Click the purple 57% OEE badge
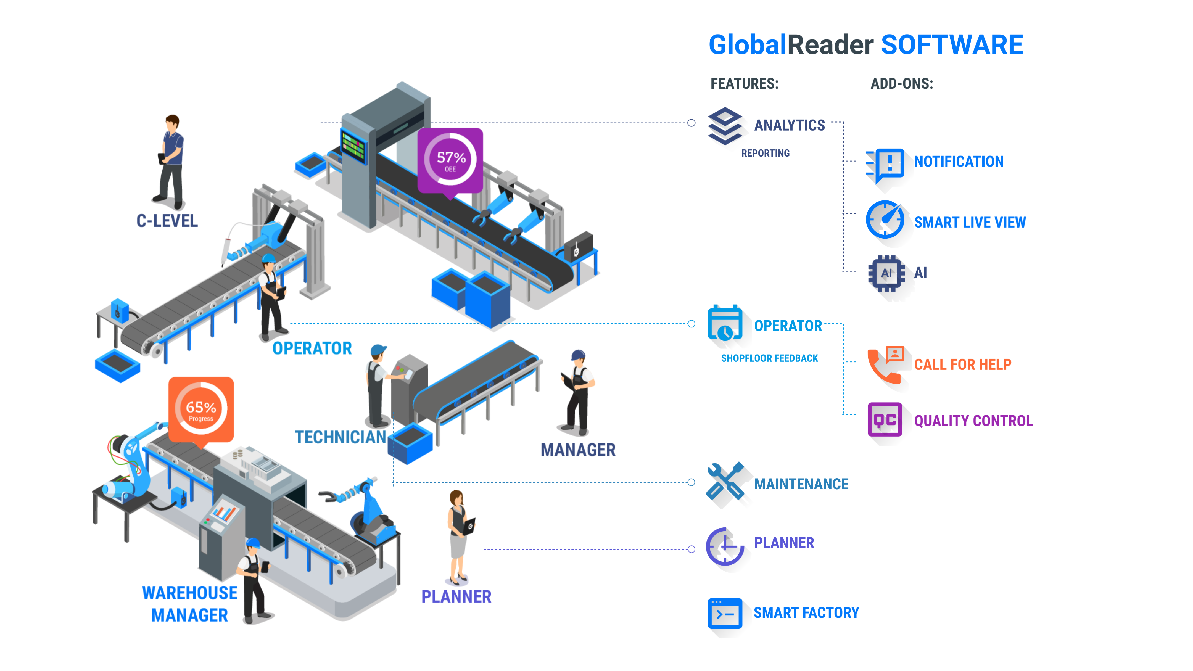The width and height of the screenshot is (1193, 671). coord(450,160)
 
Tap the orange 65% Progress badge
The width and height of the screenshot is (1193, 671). coord(201,409)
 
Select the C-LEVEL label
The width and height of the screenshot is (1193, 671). coord(167,221)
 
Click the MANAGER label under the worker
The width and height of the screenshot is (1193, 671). coord(578,450)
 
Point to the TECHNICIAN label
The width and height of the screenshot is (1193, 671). coord(341,437)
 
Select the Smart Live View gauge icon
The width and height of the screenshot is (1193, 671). coord(885,220)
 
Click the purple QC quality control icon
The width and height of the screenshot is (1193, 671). coord(885,419)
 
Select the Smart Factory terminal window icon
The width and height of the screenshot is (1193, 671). coord(725,613)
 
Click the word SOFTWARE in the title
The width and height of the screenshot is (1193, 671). coord(952,45)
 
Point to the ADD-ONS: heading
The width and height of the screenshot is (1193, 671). coord(902,84)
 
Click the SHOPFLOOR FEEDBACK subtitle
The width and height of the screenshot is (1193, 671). coord(769,358)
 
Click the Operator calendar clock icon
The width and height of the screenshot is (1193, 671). coord(725,323)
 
